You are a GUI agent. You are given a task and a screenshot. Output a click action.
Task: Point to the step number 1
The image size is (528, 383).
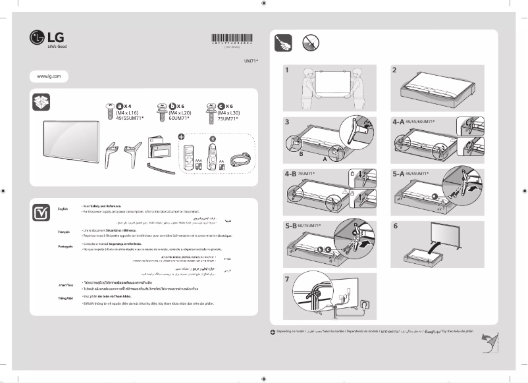(287, 69)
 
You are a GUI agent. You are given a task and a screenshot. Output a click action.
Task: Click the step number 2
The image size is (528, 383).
(394, 69)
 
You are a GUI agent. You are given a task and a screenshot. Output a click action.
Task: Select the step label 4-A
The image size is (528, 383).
(399, 122)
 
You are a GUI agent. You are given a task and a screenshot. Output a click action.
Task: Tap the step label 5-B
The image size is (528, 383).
(292, 226)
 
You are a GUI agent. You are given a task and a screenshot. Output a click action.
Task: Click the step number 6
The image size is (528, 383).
(395, 226)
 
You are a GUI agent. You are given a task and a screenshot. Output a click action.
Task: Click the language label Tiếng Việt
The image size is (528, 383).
(65, 299)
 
